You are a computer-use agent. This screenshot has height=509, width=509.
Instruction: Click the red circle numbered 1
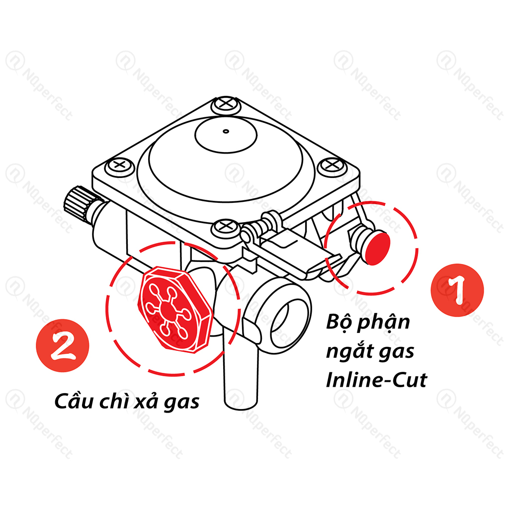click(x=457, y=290)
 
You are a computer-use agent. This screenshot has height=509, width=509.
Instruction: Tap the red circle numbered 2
click(x=62, y=345)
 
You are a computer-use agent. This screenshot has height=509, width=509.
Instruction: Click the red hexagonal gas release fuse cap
click(x=175, y=310)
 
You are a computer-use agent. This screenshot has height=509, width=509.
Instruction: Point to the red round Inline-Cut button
click(x=378, y=248)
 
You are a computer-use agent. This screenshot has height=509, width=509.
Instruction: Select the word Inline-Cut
click(x=376, y=379)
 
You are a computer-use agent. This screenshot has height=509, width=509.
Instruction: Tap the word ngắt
click(x=349, y=350)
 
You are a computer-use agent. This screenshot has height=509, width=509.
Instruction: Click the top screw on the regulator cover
click(x=226, y=104)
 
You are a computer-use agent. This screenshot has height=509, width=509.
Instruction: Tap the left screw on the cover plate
click(x=120, y=165)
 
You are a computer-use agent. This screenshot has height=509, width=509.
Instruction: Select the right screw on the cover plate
click(x=332, y=165)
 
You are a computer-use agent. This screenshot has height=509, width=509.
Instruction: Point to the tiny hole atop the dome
click(x=226, y=131)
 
